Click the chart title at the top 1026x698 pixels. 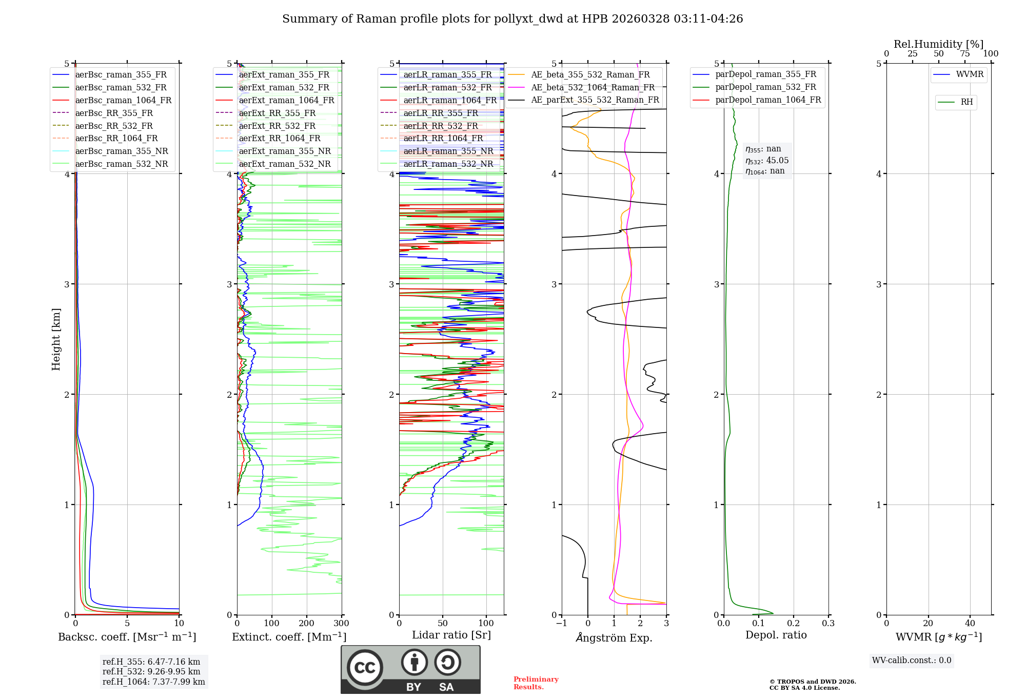click(512, 19)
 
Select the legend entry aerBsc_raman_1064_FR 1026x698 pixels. click(123, 100)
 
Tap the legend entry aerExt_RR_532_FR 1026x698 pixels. click(277, 126)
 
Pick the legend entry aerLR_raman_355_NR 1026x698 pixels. click(448, 151)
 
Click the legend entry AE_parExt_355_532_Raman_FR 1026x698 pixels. click(595, 100)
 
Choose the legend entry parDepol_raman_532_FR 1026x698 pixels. click(765, 87)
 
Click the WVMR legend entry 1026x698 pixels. click(969, 74)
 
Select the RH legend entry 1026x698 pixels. click(966, 102)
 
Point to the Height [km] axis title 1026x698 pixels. click(56, 339)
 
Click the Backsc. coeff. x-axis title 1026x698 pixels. click(127, 637)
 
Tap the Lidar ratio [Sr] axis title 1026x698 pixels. click(451, 635)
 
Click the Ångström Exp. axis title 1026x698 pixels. click(614, 637)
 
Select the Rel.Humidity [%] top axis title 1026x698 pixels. click(938, 44)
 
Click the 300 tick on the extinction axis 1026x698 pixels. click(342, 624)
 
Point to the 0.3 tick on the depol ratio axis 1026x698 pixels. click(828, 624)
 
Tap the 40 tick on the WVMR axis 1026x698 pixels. click(970, 624)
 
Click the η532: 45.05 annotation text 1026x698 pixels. click(767, 161)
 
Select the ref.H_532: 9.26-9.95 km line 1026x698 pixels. click(151, 671)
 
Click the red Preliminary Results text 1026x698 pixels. click(536, 683)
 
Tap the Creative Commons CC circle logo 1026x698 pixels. click(365, 667)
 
